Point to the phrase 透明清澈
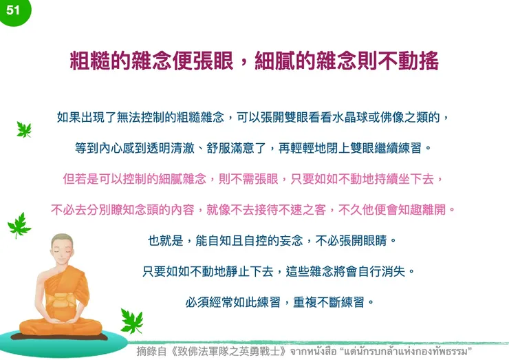pos(159,148)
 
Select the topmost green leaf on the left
pos(24,129)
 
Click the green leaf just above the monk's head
pos(19,224)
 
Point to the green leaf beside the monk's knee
pos(130,319)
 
